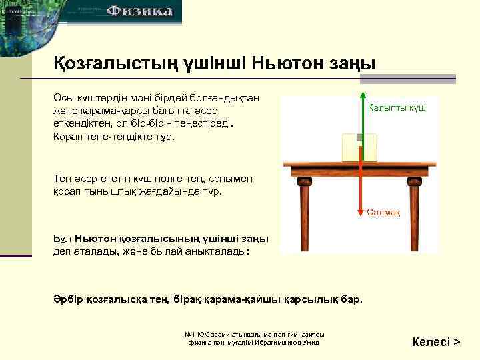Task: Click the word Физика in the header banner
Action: click(x=140, y=11)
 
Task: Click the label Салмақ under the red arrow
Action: click(x=383, y=212)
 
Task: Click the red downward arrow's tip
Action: click(x=360, y=213)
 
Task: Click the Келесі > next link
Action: click(x=436, y=342)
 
